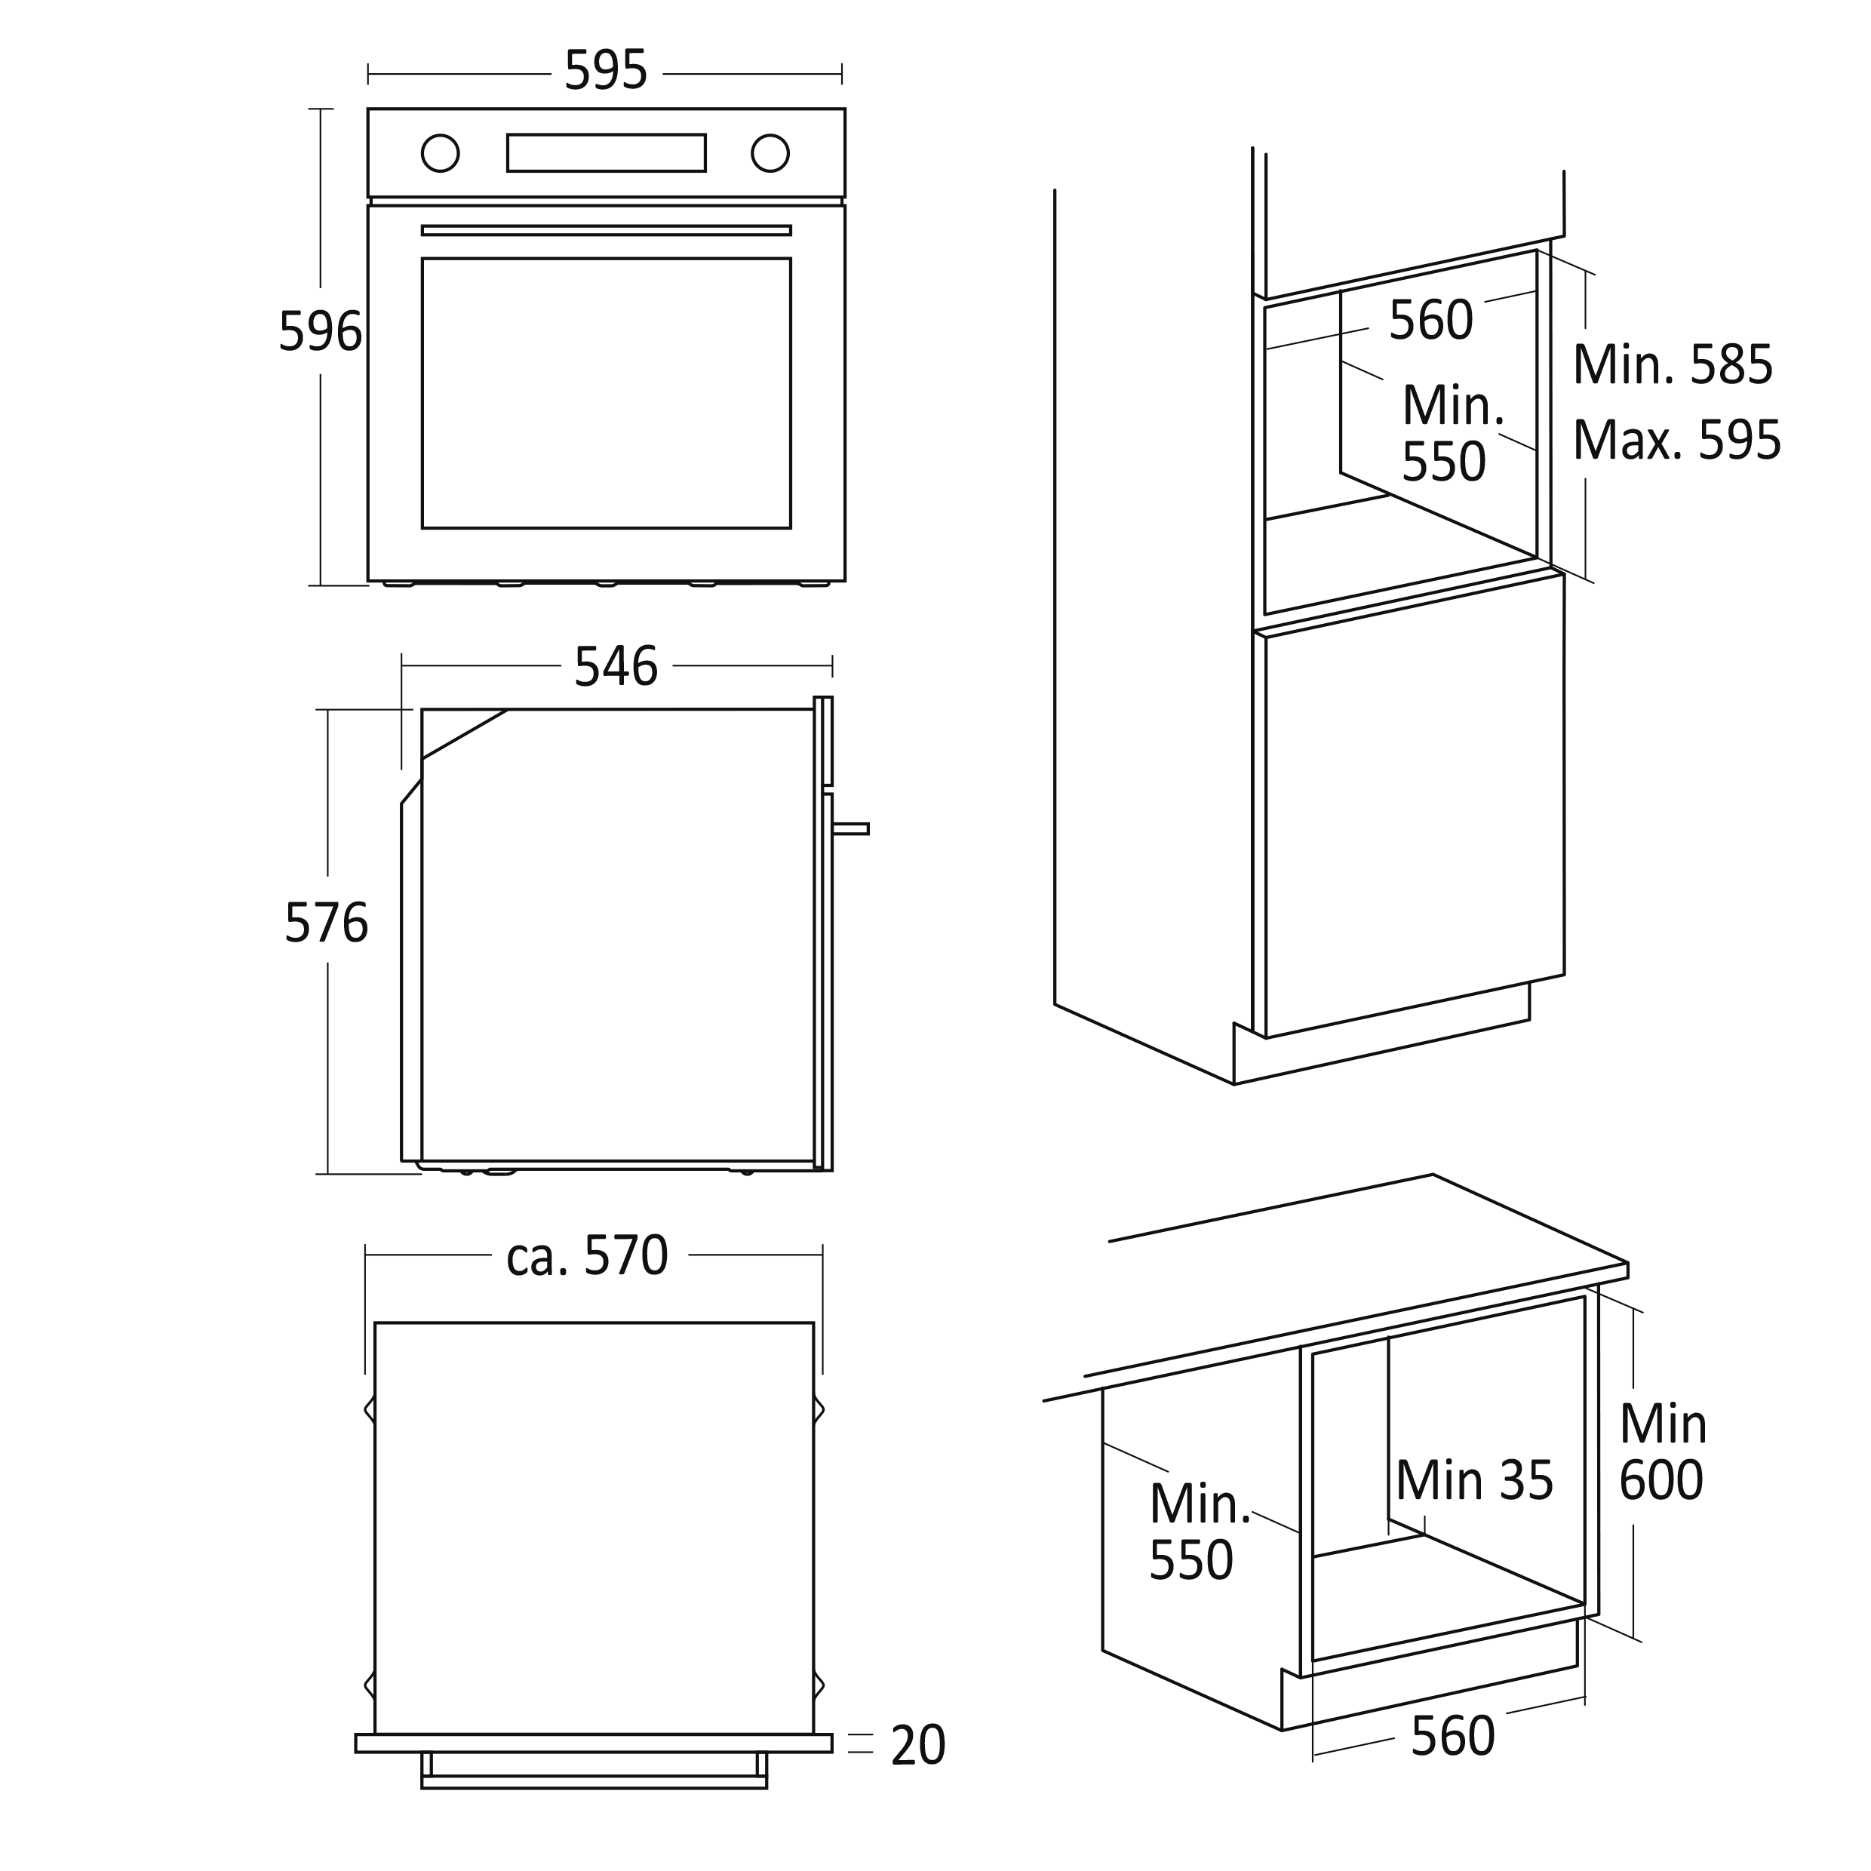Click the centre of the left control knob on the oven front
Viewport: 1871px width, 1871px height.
440,153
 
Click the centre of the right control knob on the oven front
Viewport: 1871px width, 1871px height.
770,153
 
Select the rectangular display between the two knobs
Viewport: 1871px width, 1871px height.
607,153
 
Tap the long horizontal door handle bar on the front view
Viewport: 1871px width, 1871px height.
607,231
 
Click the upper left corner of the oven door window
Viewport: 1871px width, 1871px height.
422,259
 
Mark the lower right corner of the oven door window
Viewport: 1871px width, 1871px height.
790,528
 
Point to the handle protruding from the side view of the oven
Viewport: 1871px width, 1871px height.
850,828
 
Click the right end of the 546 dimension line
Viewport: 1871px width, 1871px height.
832,666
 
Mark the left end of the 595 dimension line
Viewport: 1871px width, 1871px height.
368,74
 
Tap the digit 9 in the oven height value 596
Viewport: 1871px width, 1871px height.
321,331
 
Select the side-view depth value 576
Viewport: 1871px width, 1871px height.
327,923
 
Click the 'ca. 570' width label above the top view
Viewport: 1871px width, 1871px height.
588,1256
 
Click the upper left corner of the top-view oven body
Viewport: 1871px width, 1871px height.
375,1323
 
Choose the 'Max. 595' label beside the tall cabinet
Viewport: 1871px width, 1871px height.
1676,441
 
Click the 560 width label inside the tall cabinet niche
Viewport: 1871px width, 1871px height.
1430,321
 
